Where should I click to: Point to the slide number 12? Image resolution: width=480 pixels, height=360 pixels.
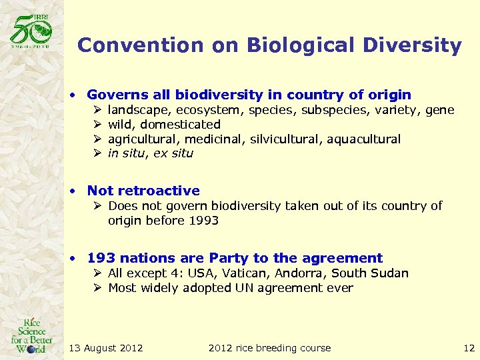click(469, 348)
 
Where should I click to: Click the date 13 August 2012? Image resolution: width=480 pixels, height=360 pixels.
click(106, 348)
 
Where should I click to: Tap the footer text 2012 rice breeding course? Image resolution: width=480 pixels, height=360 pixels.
click(269, 348)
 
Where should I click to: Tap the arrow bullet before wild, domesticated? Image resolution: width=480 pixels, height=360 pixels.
click(97, 125)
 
